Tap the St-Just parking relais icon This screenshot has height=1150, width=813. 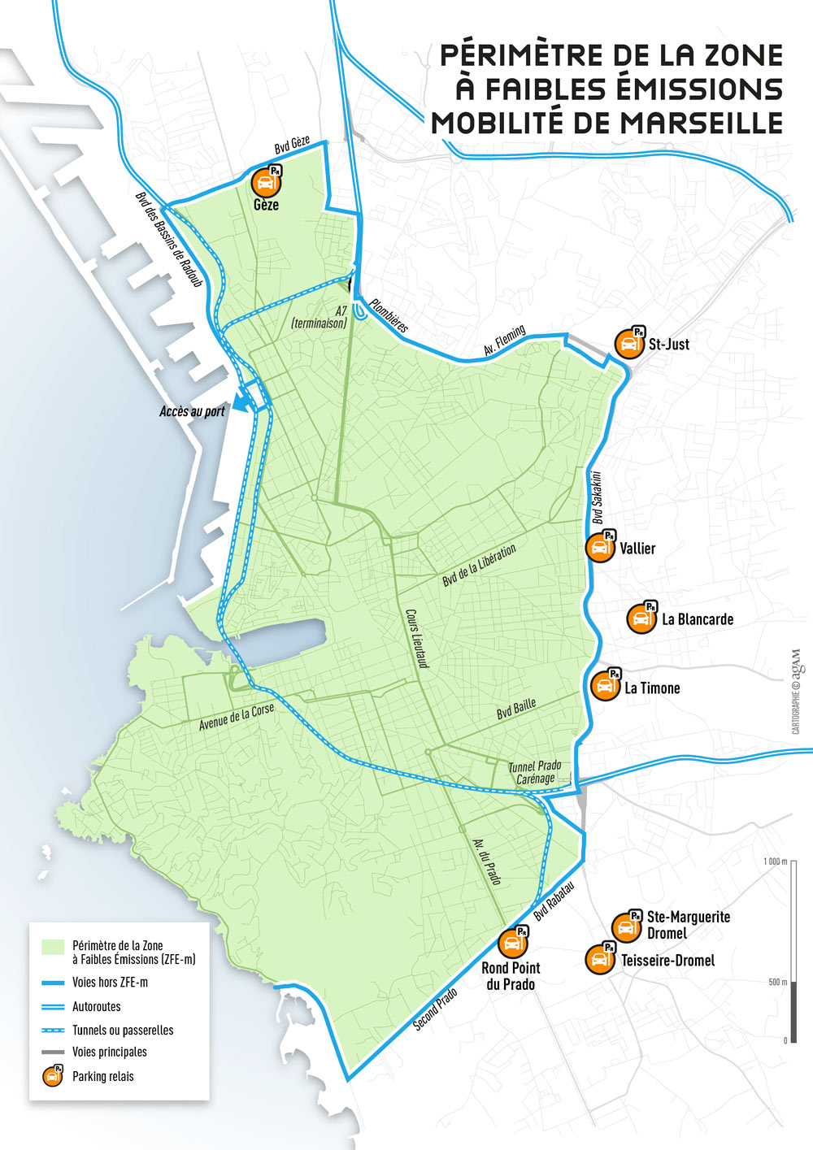click(x=628, y=343)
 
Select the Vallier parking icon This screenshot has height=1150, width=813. click(x=601, y=546)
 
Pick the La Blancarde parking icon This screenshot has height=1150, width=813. click(x=641, y=618)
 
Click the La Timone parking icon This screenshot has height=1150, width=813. click(x=605, y=685)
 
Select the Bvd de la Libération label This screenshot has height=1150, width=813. click(x=479, y=566)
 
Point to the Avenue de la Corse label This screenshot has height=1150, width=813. click(x=237, y=718)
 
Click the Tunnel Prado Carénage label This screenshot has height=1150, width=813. click(x=535, y=772)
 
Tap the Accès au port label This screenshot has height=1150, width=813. click(x=192, y=411)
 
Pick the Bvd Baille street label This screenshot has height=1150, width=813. click(x=516, y=709)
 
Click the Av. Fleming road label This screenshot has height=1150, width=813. click(x=505, y=341)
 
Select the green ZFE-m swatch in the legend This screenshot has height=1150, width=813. click(x=53, y=947)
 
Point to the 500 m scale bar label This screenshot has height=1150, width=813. click(x=778, y=983)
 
